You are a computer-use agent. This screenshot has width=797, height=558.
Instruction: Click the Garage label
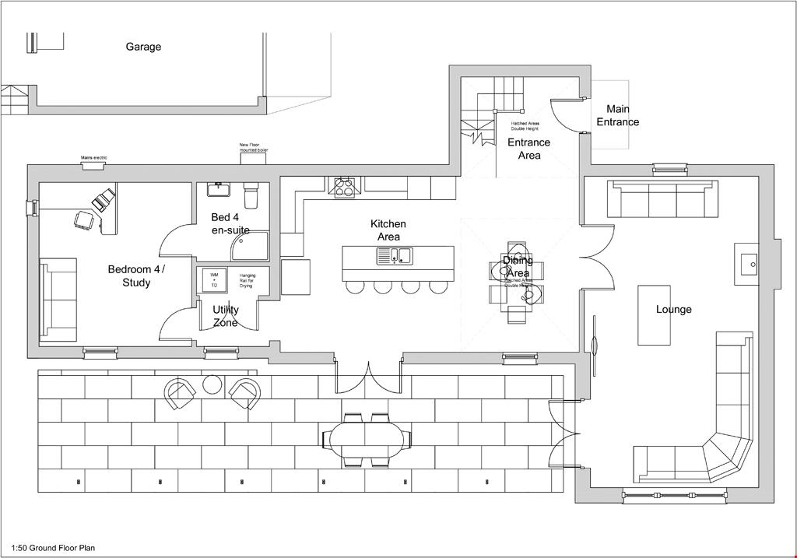coord(143,47)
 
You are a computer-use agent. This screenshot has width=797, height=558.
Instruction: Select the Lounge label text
coord(673,309)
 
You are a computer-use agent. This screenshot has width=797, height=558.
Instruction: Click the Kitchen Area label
coord(388,230)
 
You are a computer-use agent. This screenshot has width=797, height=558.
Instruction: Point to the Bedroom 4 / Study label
coord(136,275)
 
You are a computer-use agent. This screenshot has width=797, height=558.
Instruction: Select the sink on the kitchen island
coord(395,255)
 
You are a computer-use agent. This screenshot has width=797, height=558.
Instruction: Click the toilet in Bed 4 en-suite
coord(251,191)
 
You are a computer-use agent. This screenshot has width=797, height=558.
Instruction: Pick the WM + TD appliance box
coord(214,280)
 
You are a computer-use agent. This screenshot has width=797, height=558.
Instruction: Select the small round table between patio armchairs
coord(212,384)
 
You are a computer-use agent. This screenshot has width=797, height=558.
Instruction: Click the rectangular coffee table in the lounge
coord(653,315)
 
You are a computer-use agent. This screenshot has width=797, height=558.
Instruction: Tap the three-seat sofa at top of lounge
coord(662,200)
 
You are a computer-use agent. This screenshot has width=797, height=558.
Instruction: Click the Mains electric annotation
coord(93,158)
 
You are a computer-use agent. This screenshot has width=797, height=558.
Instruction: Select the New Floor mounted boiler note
coord(254,146)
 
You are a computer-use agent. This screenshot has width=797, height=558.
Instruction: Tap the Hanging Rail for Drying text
coord(248,280)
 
